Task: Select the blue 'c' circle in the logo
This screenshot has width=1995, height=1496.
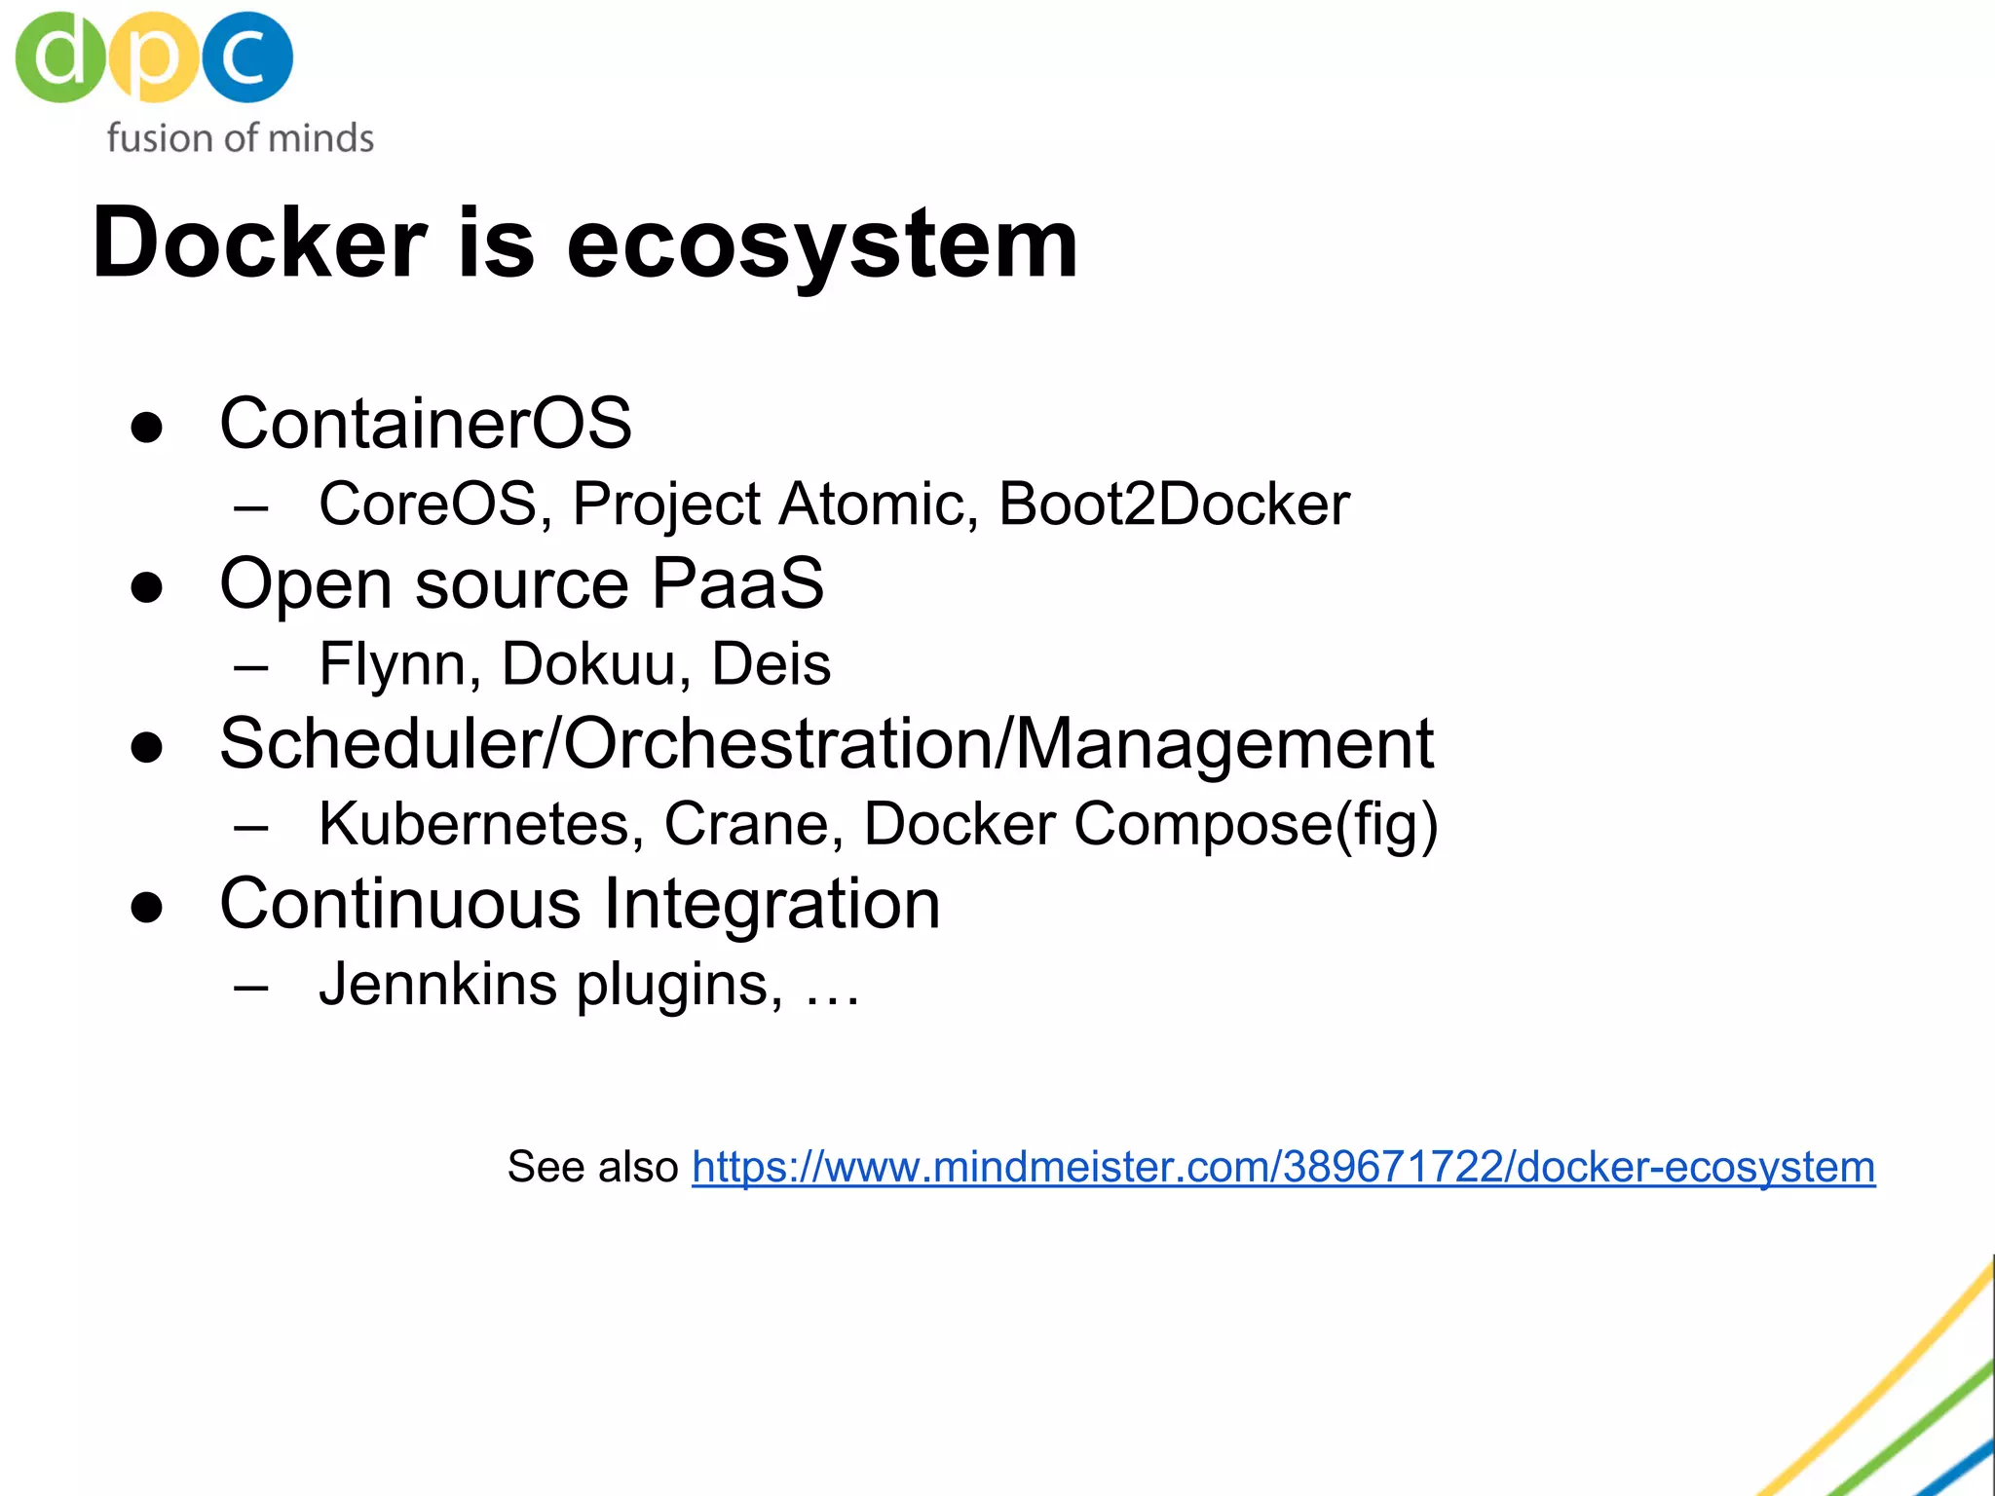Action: (247, 56)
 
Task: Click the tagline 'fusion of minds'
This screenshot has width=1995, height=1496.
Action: (240, 138)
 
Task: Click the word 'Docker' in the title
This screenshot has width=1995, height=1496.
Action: (259, 243)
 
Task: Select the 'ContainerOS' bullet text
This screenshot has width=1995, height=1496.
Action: (426, 424)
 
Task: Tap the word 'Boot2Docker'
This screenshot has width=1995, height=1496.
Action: (1174, 505)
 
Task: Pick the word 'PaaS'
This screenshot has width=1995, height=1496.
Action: (737, 584)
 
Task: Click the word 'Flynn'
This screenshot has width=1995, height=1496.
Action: (394, 664)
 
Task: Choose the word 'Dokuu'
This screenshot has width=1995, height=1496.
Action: (589, 664)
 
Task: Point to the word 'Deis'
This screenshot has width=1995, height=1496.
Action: (771, 664)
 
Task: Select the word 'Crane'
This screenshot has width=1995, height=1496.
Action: (745, 824)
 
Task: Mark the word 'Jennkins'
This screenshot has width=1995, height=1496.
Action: (438, 984)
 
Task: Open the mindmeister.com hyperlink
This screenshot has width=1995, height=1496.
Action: (1283, 1167)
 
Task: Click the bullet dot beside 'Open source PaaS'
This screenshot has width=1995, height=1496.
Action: (147, 587)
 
